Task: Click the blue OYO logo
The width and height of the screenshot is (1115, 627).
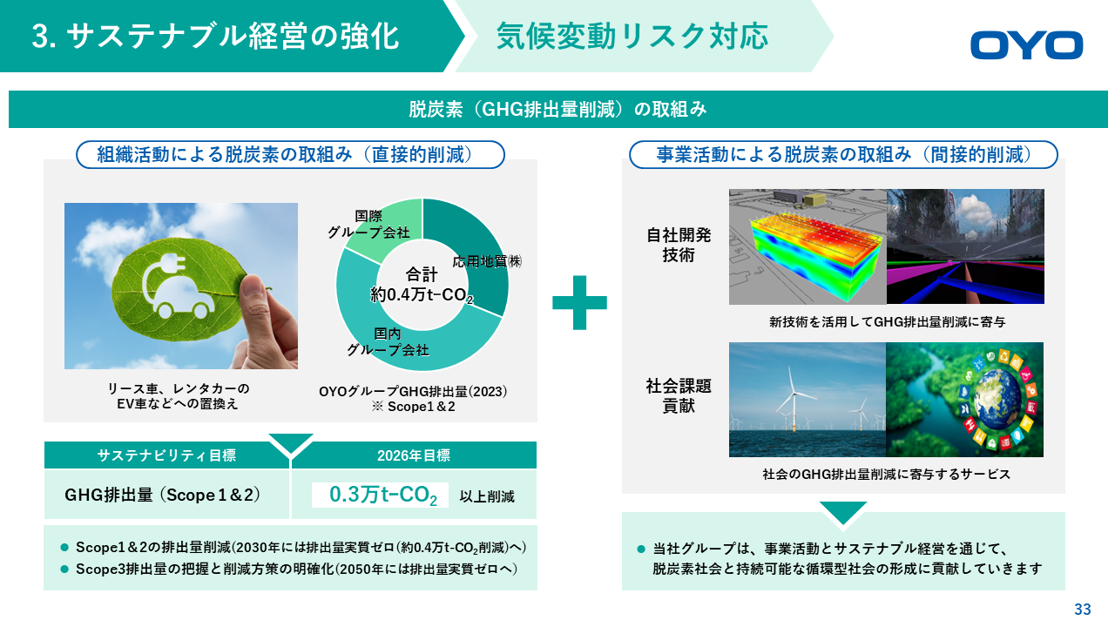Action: (x=1026, y=45)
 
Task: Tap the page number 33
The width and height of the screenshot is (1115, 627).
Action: (x=1083, y=609)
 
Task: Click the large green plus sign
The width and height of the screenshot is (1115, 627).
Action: (x=579, y=302)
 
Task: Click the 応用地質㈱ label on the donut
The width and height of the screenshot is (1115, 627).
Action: (x=487, y=261)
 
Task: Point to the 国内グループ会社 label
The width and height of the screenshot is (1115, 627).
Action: (x=388, y=342)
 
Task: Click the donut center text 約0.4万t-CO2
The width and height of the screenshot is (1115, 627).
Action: (x=422, y=295)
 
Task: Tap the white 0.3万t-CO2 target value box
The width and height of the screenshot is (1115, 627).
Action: (x=380, y=496)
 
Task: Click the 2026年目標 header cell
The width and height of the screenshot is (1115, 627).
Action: (x=414, y=455)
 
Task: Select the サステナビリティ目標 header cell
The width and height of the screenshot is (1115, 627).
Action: (x=166, y=455)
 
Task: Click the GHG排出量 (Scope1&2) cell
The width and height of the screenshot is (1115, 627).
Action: (x=166, y=495)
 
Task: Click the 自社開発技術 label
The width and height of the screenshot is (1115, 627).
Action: (x=679, y=245)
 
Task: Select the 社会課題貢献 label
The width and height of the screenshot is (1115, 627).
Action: (x=679, y=396)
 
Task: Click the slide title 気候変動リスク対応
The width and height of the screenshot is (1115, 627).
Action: (x=632, y=37)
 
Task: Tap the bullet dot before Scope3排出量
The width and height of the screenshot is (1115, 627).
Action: (x=64, y=569)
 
